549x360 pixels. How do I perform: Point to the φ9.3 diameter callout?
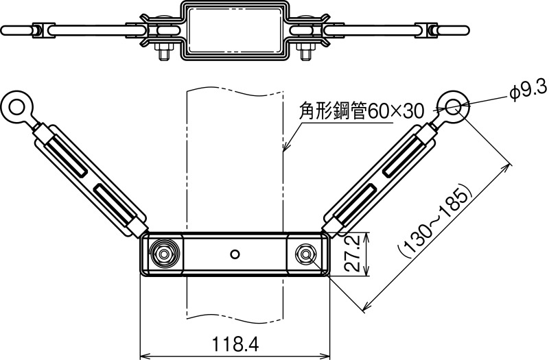(528, 90)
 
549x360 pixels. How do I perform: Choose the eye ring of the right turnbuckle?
(454, 106)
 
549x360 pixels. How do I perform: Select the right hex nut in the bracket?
(305, 254)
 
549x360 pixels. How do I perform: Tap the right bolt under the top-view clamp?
(304, 52)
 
